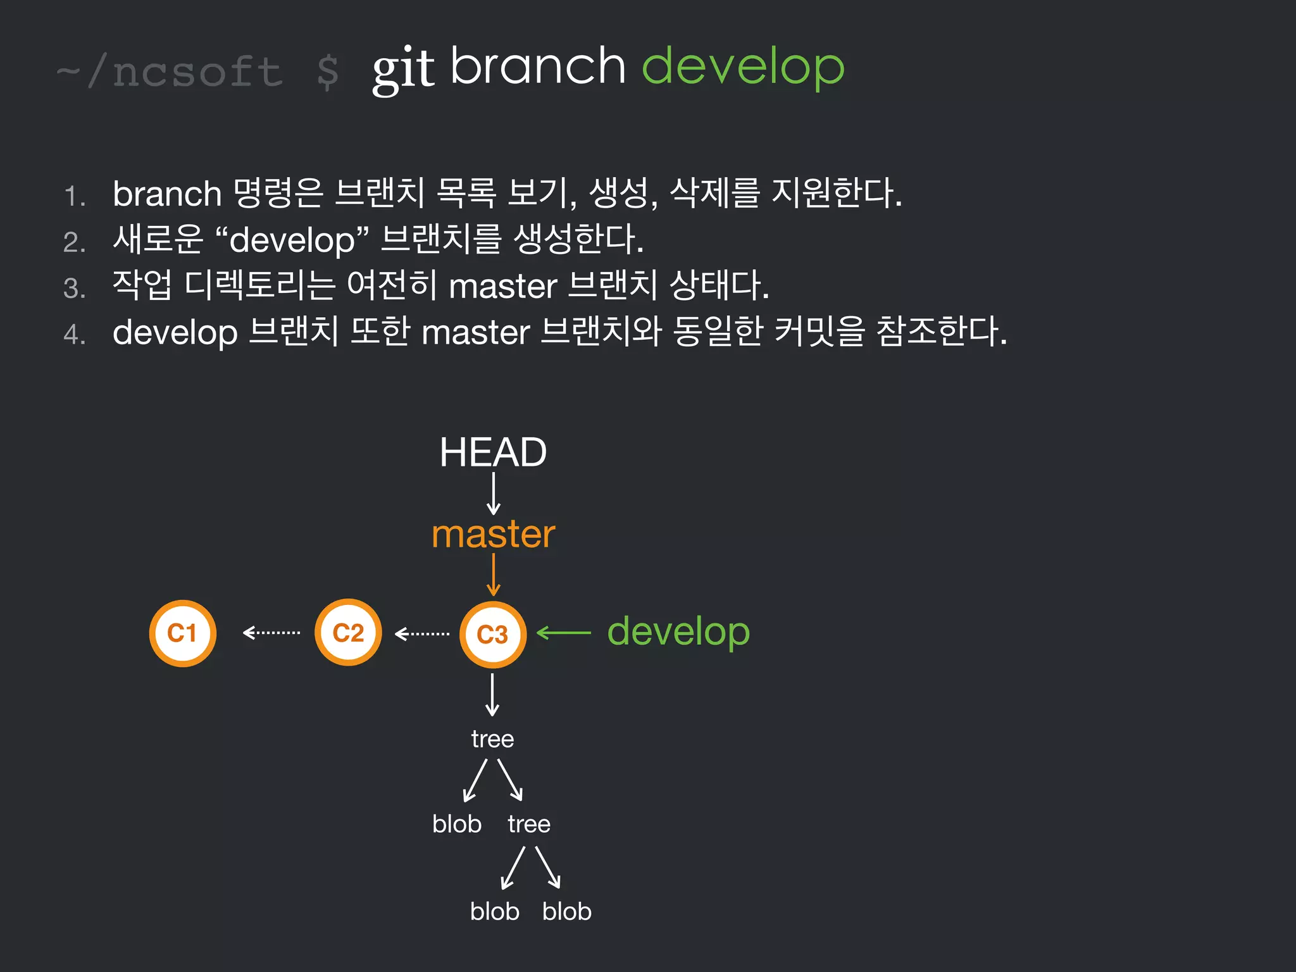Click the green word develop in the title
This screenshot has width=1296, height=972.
[x=743, y=67]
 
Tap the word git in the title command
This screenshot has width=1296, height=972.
[x=403, y=70]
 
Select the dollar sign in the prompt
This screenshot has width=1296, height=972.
[x=327, y=71]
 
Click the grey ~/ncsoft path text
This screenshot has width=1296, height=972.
[x=170, y=71]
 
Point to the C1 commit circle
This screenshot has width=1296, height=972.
[x=182, y=633]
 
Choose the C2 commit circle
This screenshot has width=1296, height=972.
[x=348, y=633]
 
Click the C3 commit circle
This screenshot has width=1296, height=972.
[x=492, y=634]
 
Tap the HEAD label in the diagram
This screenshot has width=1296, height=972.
[x=493, y=452]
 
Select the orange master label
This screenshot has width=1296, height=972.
[x=493, y=534]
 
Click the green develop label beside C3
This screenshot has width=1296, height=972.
[x=678, y=632]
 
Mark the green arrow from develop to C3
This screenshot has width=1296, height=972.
[x=564, y=632]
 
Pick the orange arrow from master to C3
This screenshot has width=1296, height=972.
[x=494, y=575]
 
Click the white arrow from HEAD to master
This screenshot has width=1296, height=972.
[x=494, y=494]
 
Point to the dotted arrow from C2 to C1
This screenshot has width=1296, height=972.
[x=271, y=632]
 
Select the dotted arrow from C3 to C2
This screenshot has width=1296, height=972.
[x=422, y=633]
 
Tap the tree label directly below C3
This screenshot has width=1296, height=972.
[x=492, y=739]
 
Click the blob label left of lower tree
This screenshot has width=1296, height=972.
[x=457, y=824]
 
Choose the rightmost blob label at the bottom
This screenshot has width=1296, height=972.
[x=566, y=911]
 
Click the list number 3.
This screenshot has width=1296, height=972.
[x=74, y=289]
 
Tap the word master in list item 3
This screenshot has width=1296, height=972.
[x=503, y=286]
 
